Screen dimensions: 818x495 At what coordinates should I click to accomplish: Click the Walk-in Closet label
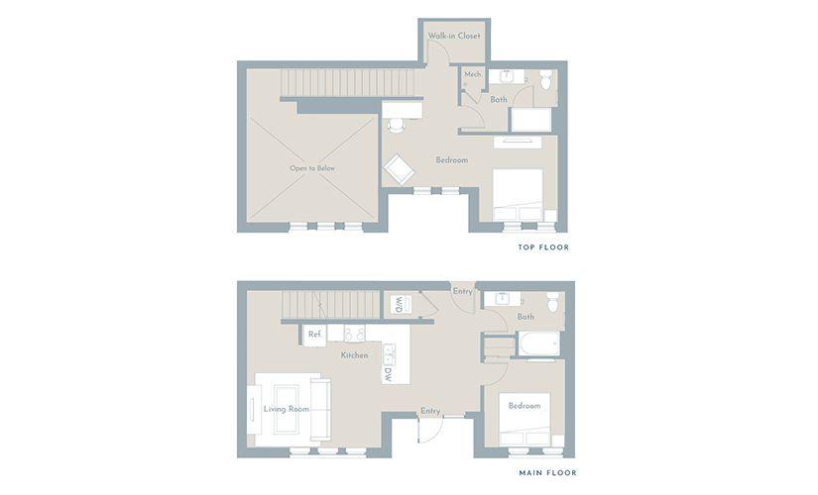click(454, 36)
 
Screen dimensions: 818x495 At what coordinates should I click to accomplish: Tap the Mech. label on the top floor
click(473, 74)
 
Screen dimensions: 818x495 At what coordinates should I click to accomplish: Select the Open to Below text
click(312, 168)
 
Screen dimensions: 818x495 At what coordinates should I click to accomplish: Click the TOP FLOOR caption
click(543, 247)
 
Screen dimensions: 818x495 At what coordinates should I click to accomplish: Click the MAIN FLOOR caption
click(547, 473)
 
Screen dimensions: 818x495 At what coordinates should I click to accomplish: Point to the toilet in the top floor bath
click(545, 79)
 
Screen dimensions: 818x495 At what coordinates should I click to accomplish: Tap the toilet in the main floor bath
click(553, 302)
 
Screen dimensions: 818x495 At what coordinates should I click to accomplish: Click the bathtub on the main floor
click(539, 344)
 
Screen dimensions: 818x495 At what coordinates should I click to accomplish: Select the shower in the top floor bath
click(531, 120)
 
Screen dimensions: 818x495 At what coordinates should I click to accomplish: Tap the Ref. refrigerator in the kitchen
click(315, 335)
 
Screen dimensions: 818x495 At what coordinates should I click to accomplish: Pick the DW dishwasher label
click(388, 374)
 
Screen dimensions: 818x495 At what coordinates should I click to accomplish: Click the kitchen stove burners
click(354, 334)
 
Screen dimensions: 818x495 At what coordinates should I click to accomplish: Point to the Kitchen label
click(354, 355)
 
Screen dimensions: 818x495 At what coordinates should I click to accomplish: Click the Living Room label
click(287, 409)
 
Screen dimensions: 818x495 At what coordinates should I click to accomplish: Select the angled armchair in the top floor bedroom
click(400, 169)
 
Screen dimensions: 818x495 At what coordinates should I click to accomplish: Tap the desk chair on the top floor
click(396, 125)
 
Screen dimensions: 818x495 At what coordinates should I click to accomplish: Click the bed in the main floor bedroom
click(525, 420)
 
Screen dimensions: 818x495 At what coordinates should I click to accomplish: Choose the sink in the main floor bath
click(503, 299)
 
